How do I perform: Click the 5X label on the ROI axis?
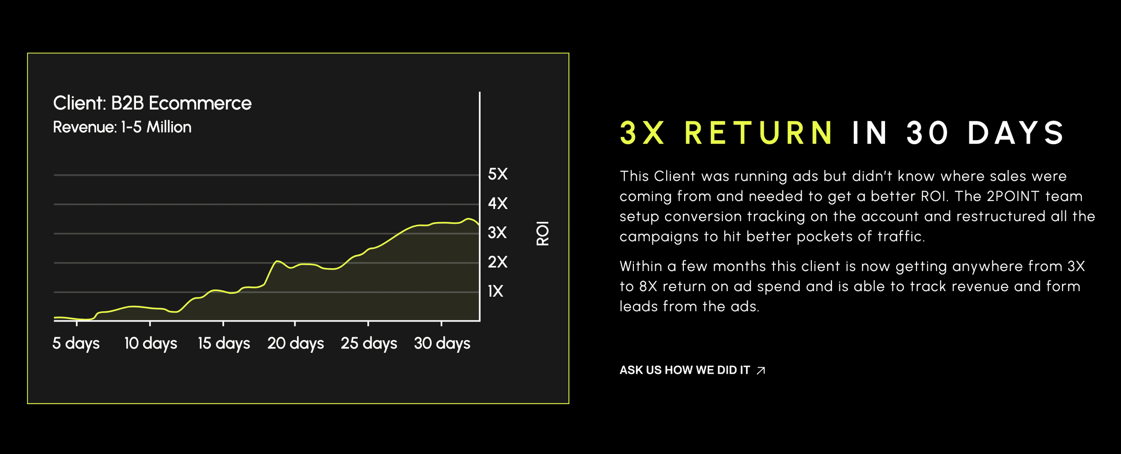coord(497,174)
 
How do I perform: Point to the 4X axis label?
coord(497,203)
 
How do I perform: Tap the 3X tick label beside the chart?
coord(497,232)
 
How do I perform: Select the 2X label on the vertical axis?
coord(497,262)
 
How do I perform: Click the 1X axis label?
coord(495,291)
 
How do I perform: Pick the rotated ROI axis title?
coord(542,233)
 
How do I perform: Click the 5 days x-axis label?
coord(76,343)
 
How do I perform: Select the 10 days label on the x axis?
coord(150,343)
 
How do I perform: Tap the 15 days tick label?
coord(224,343)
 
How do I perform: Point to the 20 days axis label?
coord(296,343)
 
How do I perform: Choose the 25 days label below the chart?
coord(369,343)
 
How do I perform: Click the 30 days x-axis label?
coord(442,343)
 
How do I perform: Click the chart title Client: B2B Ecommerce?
coord(152,103)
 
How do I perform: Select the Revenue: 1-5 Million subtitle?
coord(122,127)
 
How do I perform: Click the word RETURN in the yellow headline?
coord(758,133)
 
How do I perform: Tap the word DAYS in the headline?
coord(1015,133)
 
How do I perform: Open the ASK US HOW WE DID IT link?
coord(692,370)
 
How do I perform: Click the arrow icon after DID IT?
coord(761,370)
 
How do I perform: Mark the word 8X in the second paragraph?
coord(648,286)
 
